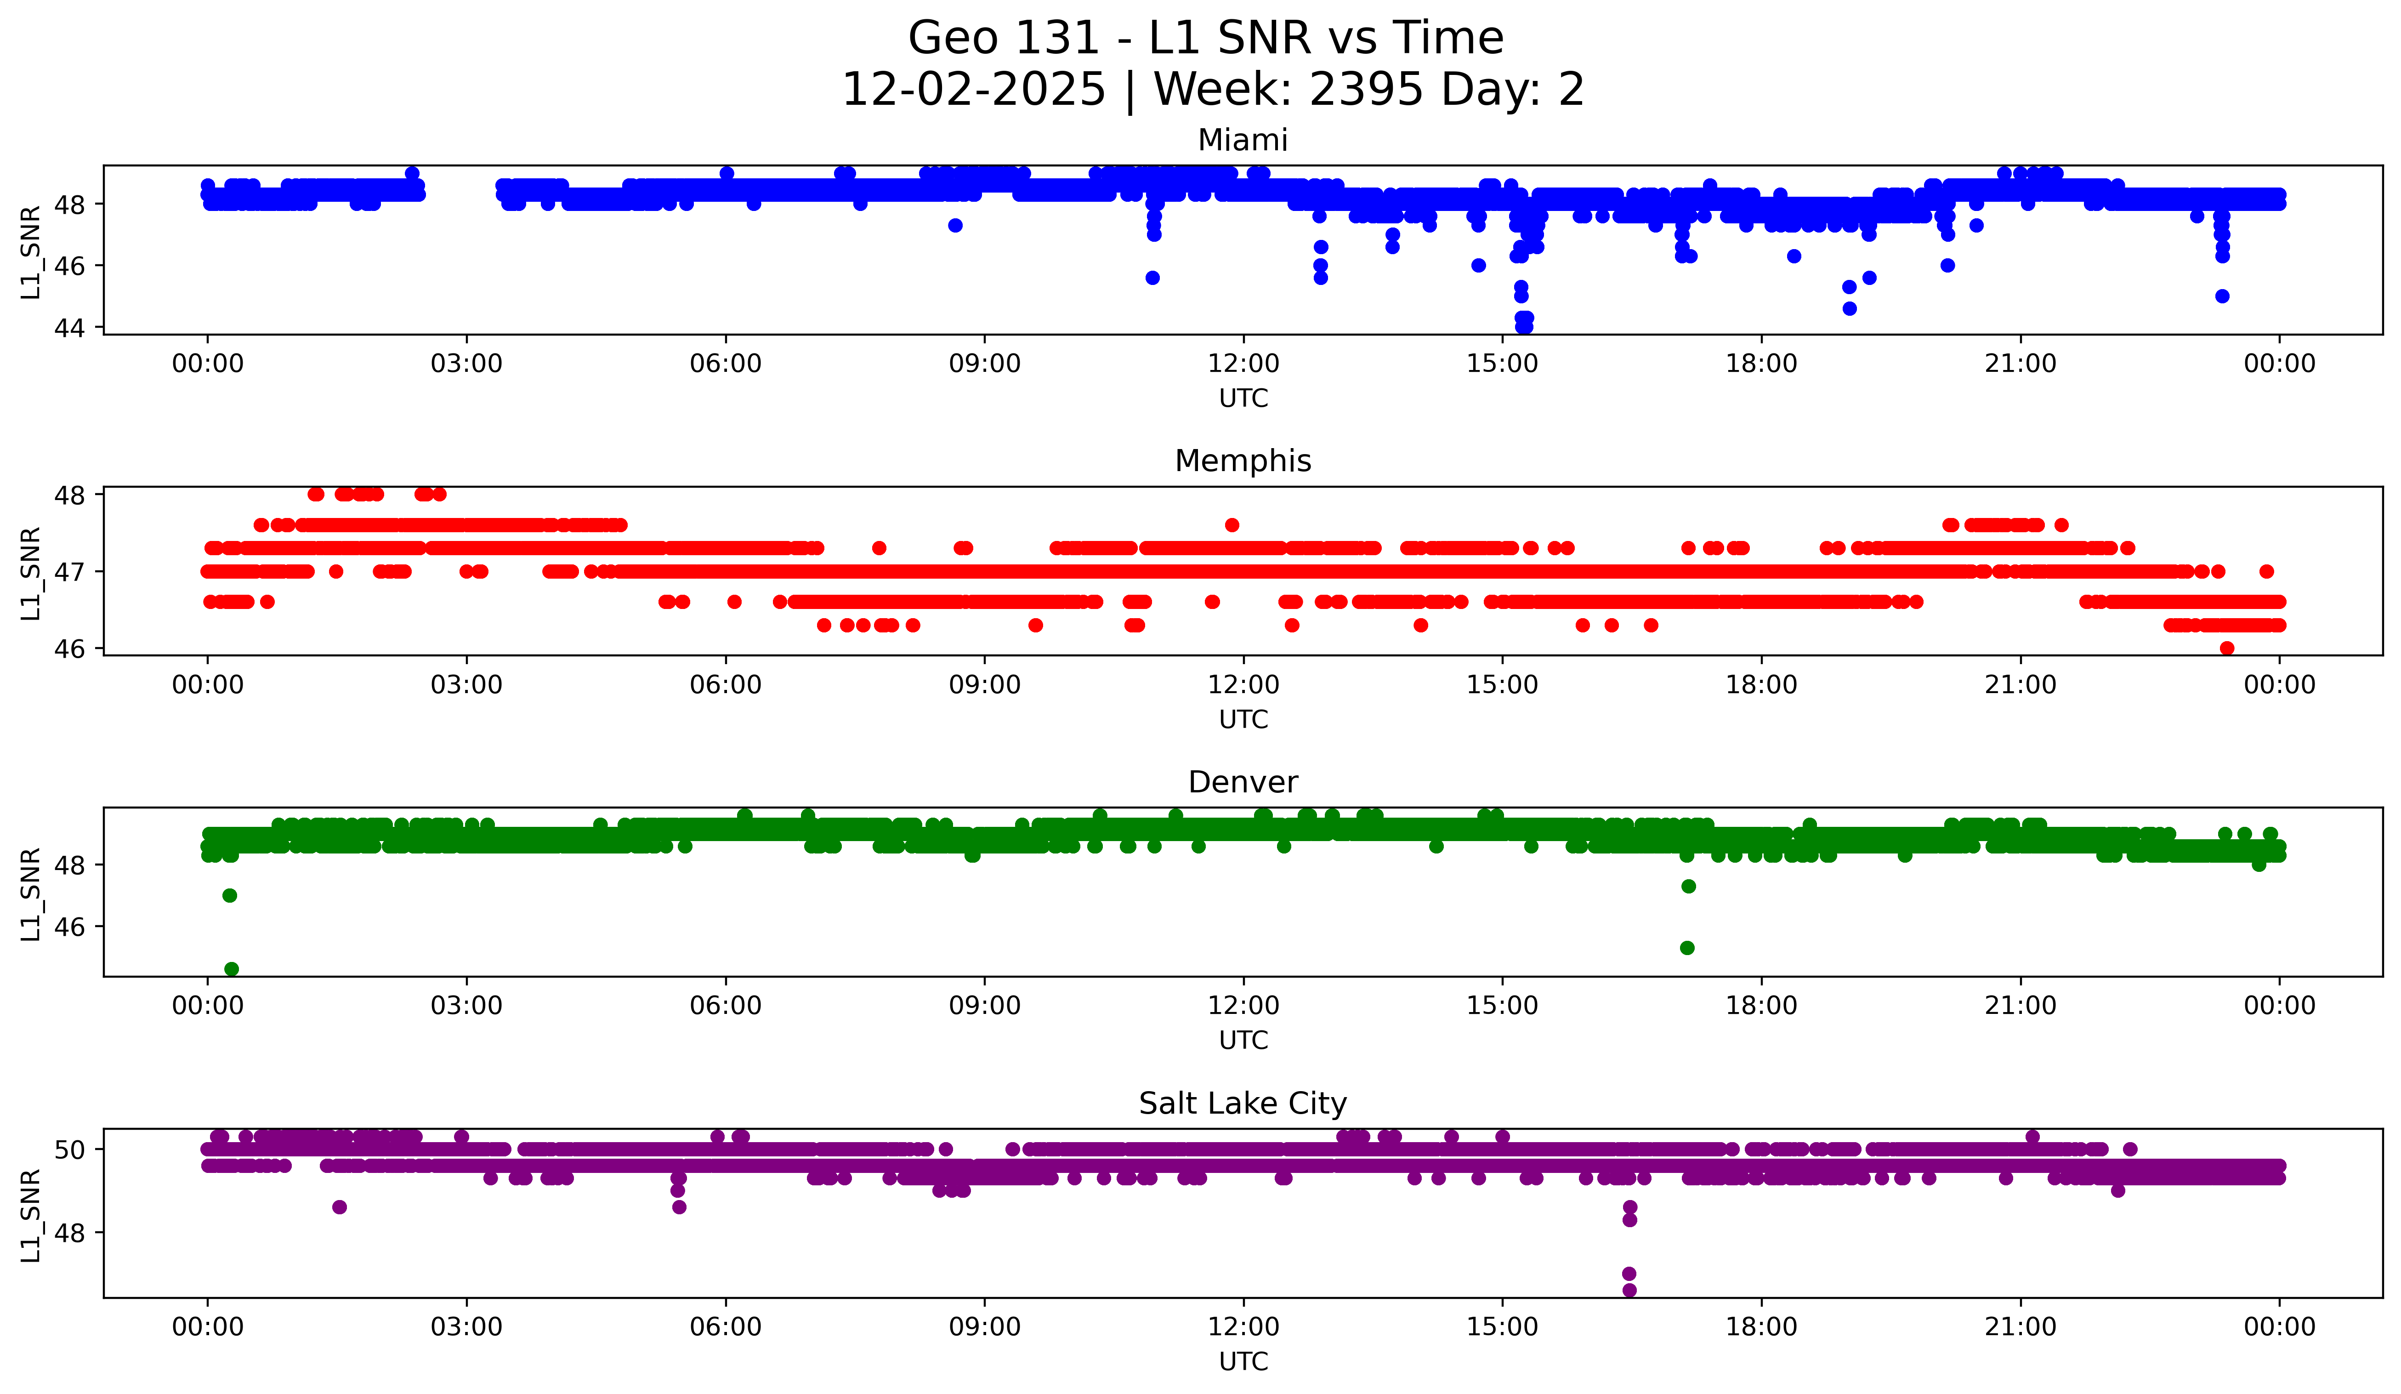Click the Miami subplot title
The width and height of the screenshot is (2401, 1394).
point(1243,140)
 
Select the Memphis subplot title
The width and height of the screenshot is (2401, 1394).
point(1243,461)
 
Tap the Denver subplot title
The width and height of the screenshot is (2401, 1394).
point(1243,782)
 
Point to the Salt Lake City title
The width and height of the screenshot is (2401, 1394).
point(1243,1104)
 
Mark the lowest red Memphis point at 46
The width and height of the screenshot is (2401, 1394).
point(2227,648)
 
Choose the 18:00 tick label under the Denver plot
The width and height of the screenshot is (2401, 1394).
point(1761,1005)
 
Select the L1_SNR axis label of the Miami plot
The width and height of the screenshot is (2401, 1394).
point(30,251)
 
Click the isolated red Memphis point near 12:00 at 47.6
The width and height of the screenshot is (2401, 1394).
point(1232,525)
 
